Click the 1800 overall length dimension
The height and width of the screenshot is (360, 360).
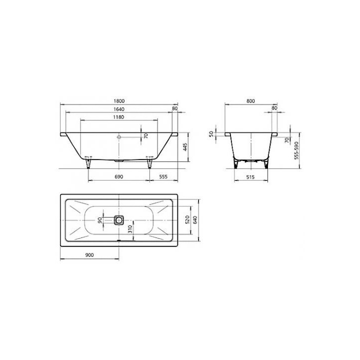(x=119, y=101)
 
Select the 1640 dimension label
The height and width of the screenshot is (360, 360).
(x=119, y=109)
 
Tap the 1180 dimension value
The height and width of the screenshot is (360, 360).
(x=118, y=117)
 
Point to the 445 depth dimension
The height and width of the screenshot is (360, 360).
(x=185, y=147)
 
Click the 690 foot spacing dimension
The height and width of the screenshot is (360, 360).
(x=118, y=177)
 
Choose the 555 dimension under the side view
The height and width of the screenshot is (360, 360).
(x=163, y=177)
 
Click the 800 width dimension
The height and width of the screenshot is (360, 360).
(x=250, y=101)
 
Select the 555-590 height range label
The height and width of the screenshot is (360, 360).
(x=296, y=150)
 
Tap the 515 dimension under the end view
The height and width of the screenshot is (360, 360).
(x=250, y=177)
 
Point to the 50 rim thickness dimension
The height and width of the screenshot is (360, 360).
(x=211, y=134)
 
